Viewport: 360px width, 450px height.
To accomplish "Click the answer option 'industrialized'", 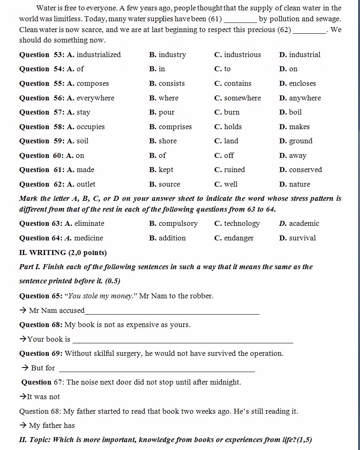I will [98, 55].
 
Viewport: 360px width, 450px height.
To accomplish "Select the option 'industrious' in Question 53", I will [242, 55].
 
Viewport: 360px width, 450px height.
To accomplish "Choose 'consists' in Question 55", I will [172, 83].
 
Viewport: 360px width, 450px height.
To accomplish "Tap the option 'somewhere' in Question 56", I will [242, 98].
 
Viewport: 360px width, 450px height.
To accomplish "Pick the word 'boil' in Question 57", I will [295, 112].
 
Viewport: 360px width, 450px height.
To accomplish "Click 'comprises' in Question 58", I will [175, 127].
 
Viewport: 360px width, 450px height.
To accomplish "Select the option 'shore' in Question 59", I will [167, 141].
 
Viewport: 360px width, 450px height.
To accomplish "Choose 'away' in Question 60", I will [298, 155].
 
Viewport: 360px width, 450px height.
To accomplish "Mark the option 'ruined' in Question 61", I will [235, 170].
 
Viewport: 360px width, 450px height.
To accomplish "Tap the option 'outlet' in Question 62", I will [86, 184].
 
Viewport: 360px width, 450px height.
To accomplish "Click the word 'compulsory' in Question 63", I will [178, 223].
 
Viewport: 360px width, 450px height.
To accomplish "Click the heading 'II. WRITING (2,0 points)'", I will [63, 252].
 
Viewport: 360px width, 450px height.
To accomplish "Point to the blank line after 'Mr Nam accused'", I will [172, 312].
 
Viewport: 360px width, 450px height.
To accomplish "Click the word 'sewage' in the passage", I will [328, 19].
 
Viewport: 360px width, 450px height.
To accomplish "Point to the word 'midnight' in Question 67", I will [225, 382].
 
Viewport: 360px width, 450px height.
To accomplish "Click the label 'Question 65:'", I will [40, 296].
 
